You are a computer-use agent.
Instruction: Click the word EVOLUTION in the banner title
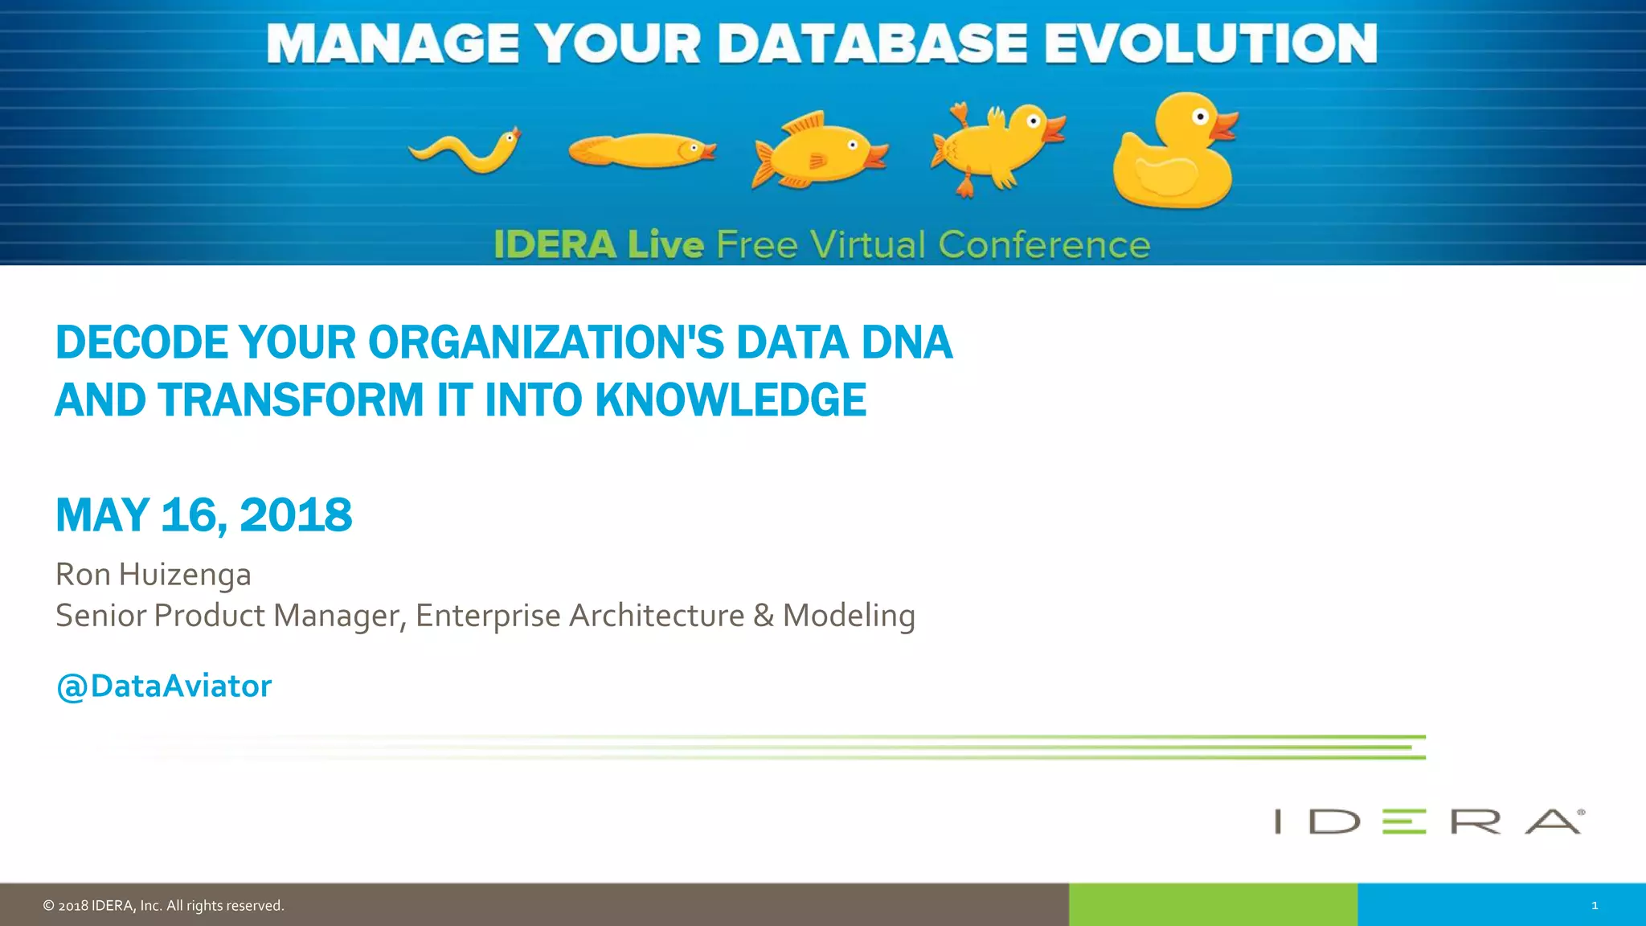(x=1210, y=43)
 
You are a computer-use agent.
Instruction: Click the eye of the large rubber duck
(x=1200, y=117)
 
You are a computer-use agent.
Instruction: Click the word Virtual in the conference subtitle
(x=867, y=245)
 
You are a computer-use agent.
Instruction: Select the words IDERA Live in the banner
(x=599, y=245)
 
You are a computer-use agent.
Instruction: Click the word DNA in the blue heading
(x=907, y=342)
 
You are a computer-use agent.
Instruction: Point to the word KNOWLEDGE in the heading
(x=731, y=400)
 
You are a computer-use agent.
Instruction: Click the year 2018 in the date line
(x=296, y=515)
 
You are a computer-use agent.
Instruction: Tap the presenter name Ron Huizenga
(x=154, y=575)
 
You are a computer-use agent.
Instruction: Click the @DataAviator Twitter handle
(x=164, y=686)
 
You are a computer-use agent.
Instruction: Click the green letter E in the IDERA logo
(x=1403, y=822)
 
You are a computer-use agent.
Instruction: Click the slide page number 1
(x=1595, y=906)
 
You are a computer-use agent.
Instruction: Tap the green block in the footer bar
(x=1213, y=905)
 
